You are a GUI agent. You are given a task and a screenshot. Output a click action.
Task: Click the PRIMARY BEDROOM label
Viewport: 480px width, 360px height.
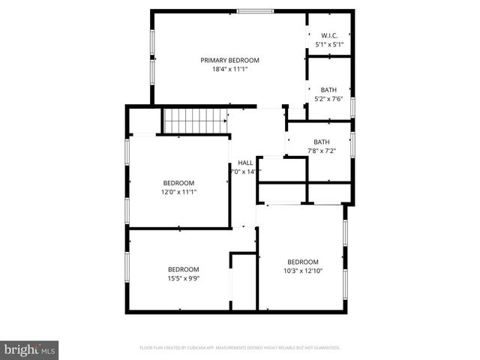point(229,60)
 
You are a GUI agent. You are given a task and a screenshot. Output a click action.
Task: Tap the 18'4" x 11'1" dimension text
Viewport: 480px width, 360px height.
point(229,69)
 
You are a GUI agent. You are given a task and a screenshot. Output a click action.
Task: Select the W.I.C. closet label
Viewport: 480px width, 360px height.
point(329,35)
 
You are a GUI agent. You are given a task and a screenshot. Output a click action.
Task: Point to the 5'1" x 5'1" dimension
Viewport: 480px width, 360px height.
point(329,44)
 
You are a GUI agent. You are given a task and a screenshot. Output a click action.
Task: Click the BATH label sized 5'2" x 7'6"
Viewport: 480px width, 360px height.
point(329,90)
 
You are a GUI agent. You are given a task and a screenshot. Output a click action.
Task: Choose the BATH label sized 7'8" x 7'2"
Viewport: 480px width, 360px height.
point(322,142)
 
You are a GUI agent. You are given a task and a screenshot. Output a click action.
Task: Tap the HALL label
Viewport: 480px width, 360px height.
point(245,163)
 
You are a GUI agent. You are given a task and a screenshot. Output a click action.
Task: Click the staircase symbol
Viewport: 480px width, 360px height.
point(196,119)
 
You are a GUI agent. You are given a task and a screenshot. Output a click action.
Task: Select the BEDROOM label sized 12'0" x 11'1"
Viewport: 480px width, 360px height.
point(179,183)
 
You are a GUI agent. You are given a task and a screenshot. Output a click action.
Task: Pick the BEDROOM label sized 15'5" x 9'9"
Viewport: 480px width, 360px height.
point(183,269)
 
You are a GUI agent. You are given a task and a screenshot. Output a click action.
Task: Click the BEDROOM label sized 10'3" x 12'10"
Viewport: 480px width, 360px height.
point(303,262)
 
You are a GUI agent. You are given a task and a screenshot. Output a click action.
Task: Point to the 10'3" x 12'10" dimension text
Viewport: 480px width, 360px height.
point(303,271)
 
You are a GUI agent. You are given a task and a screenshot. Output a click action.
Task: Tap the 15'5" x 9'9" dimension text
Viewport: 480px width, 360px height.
point(183,278)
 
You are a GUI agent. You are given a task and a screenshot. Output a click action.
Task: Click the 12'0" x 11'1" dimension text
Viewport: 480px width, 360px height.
point(179,192)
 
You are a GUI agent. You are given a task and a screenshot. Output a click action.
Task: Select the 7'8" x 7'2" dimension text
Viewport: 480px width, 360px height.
point(322,151)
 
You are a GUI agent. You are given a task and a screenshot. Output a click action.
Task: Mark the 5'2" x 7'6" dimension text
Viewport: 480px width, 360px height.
point(329,99)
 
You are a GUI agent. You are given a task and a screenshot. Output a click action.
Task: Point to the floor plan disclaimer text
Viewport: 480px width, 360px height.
point(240,348)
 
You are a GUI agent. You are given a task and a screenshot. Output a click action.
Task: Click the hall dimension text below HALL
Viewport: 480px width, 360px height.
point(244,172)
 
